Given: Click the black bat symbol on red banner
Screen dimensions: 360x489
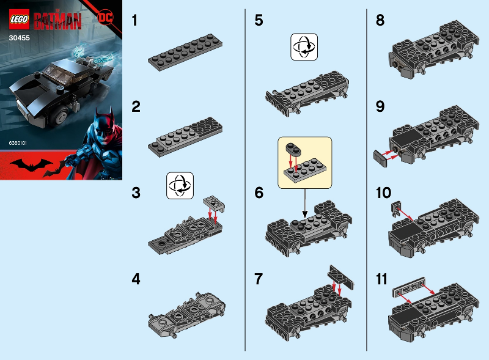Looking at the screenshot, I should coord(36,164).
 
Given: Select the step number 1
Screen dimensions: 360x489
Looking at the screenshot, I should coord(136,20).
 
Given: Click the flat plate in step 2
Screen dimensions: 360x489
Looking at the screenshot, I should coord(185,136).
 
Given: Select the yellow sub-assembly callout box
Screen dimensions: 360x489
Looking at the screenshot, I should coord(304,161).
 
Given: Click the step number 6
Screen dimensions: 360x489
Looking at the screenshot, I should coord(259,193).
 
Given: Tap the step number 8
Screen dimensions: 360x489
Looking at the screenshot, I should coord(380,20).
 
